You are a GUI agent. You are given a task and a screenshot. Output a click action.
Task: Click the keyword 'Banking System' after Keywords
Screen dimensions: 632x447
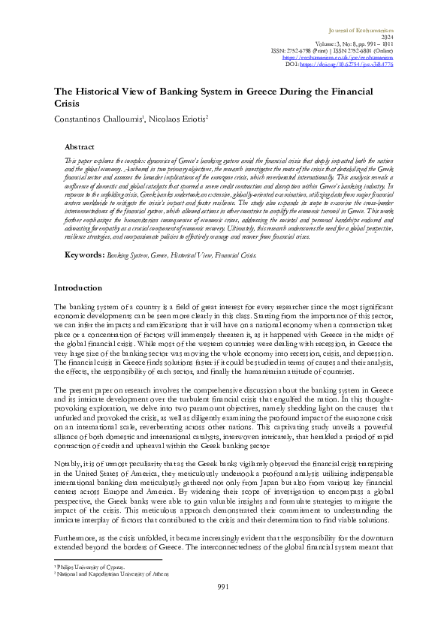(x=124, y=256)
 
